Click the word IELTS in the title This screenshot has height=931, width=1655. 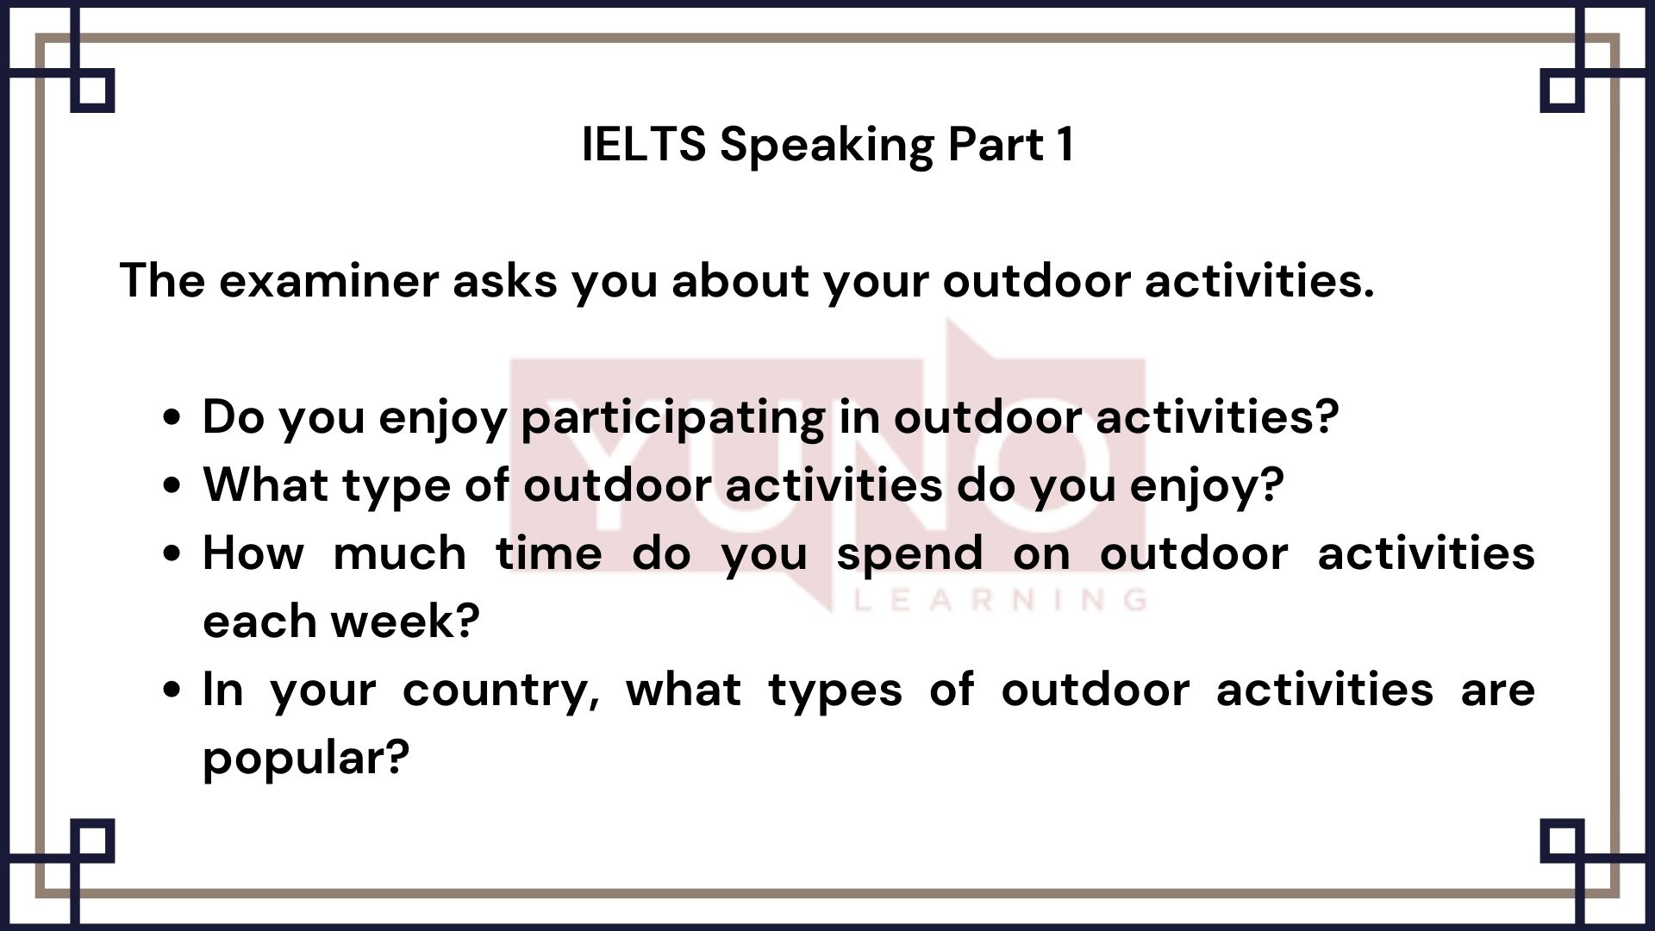(643, 144)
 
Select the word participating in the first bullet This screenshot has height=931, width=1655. (673, 418)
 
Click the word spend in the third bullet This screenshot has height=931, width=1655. (909, 554)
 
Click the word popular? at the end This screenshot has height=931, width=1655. (306, 759)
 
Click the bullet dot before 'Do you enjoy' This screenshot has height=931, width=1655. (172, 418)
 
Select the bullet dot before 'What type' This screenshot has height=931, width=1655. (172, 485)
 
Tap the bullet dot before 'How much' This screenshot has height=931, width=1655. (172, 553)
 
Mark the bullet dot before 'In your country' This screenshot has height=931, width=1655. (172, 690)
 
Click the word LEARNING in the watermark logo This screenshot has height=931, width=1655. (999, 599)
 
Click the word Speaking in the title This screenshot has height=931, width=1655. (827, 146)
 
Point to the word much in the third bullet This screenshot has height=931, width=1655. (400, 553)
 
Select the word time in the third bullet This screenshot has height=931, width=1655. (548, 553)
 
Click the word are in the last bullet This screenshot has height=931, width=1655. (1497, 690)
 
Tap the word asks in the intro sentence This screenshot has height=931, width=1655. (504, 281)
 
